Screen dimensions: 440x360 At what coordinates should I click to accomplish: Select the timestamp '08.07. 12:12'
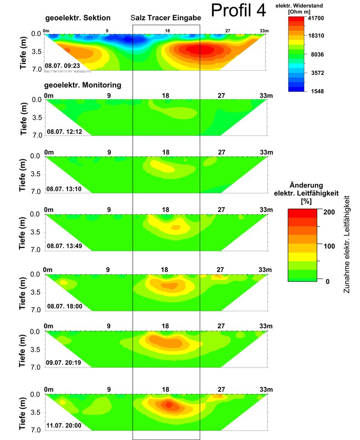coord(64,132)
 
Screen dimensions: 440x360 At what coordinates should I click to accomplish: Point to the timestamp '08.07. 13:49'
coord(64,246)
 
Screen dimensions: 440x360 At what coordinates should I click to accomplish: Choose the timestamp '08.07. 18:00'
coord(64,306)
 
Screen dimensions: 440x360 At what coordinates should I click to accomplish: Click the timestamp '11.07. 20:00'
coord(64,425)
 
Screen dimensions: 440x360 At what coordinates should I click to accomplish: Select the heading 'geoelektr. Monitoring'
coord(82,84)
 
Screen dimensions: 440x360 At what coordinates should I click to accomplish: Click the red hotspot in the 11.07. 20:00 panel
coord(168,405)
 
